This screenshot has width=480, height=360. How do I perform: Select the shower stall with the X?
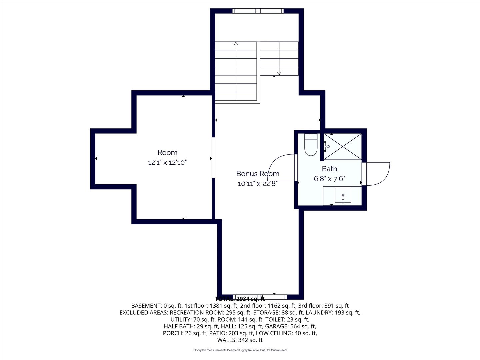tap(342, 146)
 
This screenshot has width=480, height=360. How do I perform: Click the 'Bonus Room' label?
tap(258, 174)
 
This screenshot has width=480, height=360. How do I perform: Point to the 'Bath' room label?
tap(330, 169)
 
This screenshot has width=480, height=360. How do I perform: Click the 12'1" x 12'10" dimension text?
tap(167, 163)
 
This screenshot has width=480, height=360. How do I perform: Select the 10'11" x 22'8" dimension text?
tap(258, 184)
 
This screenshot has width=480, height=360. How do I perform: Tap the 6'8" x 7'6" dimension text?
tap(329, 179)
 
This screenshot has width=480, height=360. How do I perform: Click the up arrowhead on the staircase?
tap(236, 44)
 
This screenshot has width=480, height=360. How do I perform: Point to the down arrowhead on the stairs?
tap(279, 73)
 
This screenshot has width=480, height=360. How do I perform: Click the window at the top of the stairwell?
tap(258, 11)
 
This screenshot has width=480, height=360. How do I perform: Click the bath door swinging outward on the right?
tap(376, 174)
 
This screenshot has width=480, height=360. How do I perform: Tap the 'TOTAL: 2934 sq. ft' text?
tap(240, 299)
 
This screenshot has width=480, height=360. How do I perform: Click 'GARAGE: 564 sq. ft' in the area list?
tap(291, 326)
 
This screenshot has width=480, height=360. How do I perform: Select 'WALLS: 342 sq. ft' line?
tap(240, 340)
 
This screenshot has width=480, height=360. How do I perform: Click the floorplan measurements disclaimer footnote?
tap(240, 350)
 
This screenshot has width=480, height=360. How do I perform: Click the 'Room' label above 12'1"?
tap(167, 152)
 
